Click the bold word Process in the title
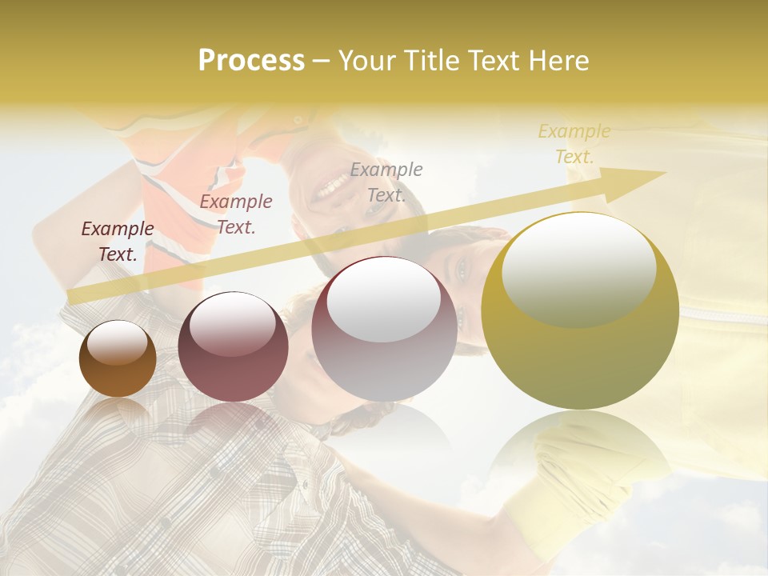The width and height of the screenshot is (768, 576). [251, 61]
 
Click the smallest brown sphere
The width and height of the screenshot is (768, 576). [118, 359]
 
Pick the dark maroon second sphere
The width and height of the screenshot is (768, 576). [233, 347]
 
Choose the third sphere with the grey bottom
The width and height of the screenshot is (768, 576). [385, 330]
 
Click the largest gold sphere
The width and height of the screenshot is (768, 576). [580, 312]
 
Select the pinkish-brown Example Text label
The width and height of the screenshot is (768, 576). [236, 214]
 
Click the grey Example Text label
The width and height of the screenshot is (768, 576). [386, 182]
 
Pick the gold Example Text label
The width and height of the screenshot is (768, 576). [574, 144]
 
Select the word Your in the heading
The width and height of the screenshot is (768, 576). [367, 61]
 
